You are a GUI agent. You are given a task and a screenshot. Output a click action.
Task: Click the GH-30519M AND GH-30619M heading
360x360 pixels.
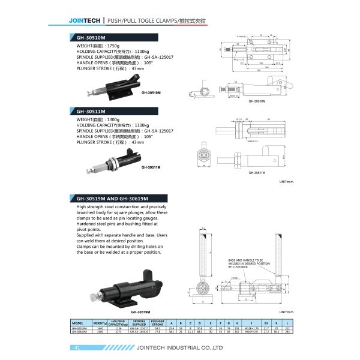pyautogui.click(x=114, y=198)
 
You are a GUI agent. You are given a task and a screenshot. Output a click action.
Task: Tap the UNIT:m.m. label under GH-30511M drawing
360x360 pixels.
pyautogui.click(x=286, y=181)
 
